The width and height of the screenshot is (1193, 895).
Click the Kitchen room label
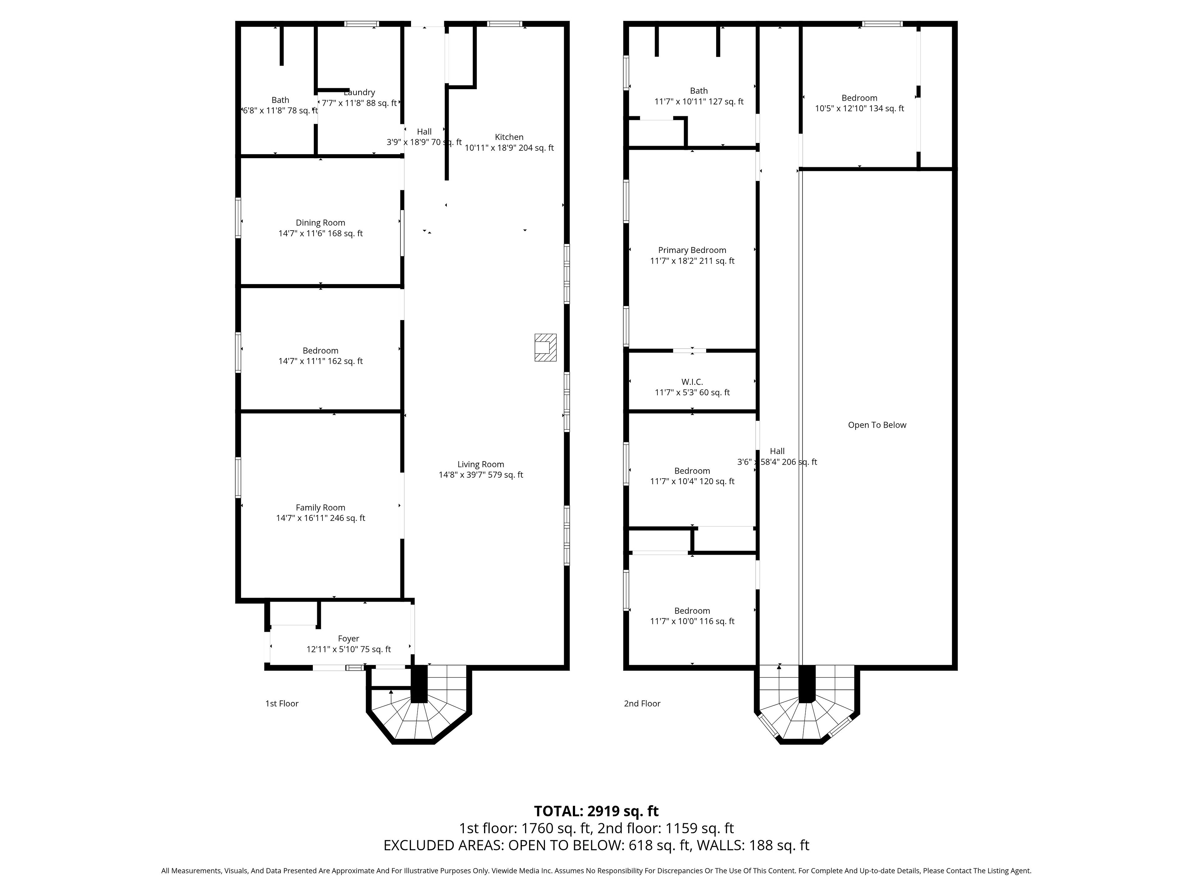[x=509, y=137]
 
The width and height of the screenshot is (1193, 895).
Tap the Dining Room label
[x=320, y=223]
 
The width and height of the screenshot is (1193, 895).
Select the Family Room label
[x=320, y=508]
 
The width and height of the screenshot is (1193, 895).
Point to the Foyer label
[x=348, y=639]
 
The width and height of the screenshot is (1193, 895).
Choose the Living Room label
[x=481, y=465]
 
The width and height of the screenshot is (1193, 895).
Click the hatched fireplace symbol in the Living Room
[x=545, y=347]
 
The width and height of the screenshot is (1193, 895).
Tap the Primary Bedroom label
[x=692, y=250]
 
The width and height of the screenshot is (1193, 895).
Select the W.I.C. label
[x=692, y=382]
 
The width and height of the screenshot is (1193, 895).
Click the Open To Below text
[x=877, y=425]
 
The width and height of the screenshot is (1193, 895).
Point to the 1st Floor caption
[x=281, y=704]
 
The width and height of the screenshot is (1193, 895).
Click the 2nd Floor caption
[x=642, y=704]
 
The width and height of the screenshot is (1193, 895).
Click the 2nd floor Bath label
[x=699, y=91]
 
